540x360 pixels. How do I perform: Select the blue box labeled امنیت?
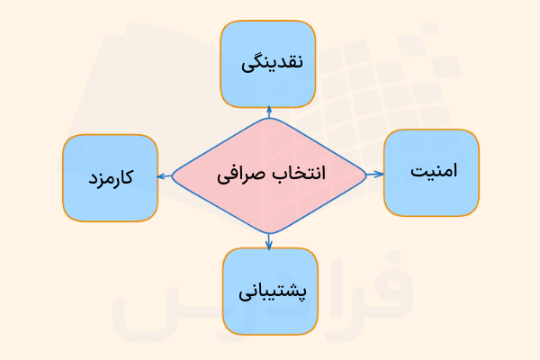coord(431,172)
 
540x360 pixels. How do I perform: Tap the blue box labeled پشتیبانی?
coord(270,292)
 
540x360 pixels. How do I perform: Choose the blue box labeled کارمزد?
coord(110,177)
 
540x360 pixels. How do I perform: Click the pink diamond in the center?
coord(269,174)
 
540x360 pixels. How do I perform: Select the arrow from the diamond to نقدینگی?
coord(268,112)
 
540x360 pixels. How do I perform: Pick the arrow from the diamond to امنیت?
coord(374,172)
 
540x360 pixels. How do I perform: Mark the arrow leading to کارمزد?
coord(164,175)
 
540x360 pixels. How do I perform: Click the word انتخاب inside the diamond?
coord(300,173)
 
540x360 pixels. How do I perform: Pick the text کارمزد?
coord(111,177)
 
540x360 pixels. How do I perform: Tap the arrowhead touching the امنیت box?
coord(381,172)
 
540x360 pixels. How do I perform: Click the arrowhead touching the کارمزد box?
coord(159,175)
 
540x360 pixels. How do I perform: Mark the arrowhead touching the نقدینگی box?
coord(268,107)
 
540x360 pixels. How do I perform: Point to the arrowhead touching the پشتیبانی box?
coord(269,244)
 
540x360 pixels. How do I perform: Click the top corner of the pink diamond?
coord(268,118)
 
